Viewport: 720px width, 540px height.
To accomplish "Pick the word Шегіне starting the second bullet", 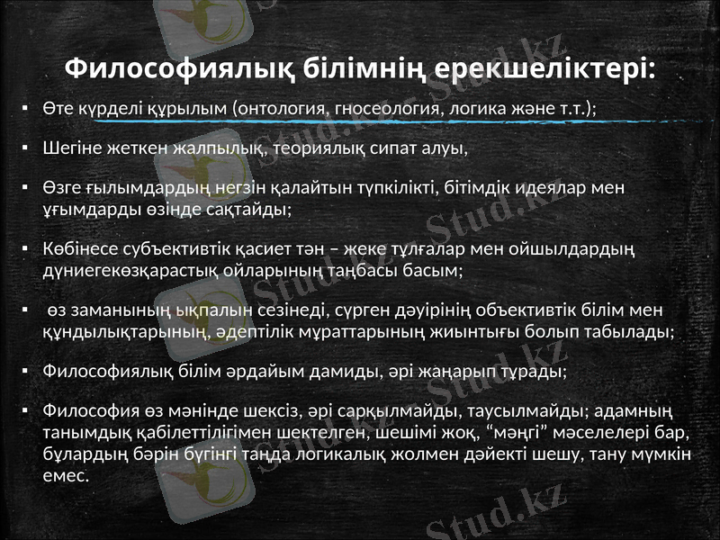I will [x=70, y=148].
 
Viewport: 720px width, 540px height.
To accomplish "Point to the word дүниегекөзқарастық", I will [x=131, y=268].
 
